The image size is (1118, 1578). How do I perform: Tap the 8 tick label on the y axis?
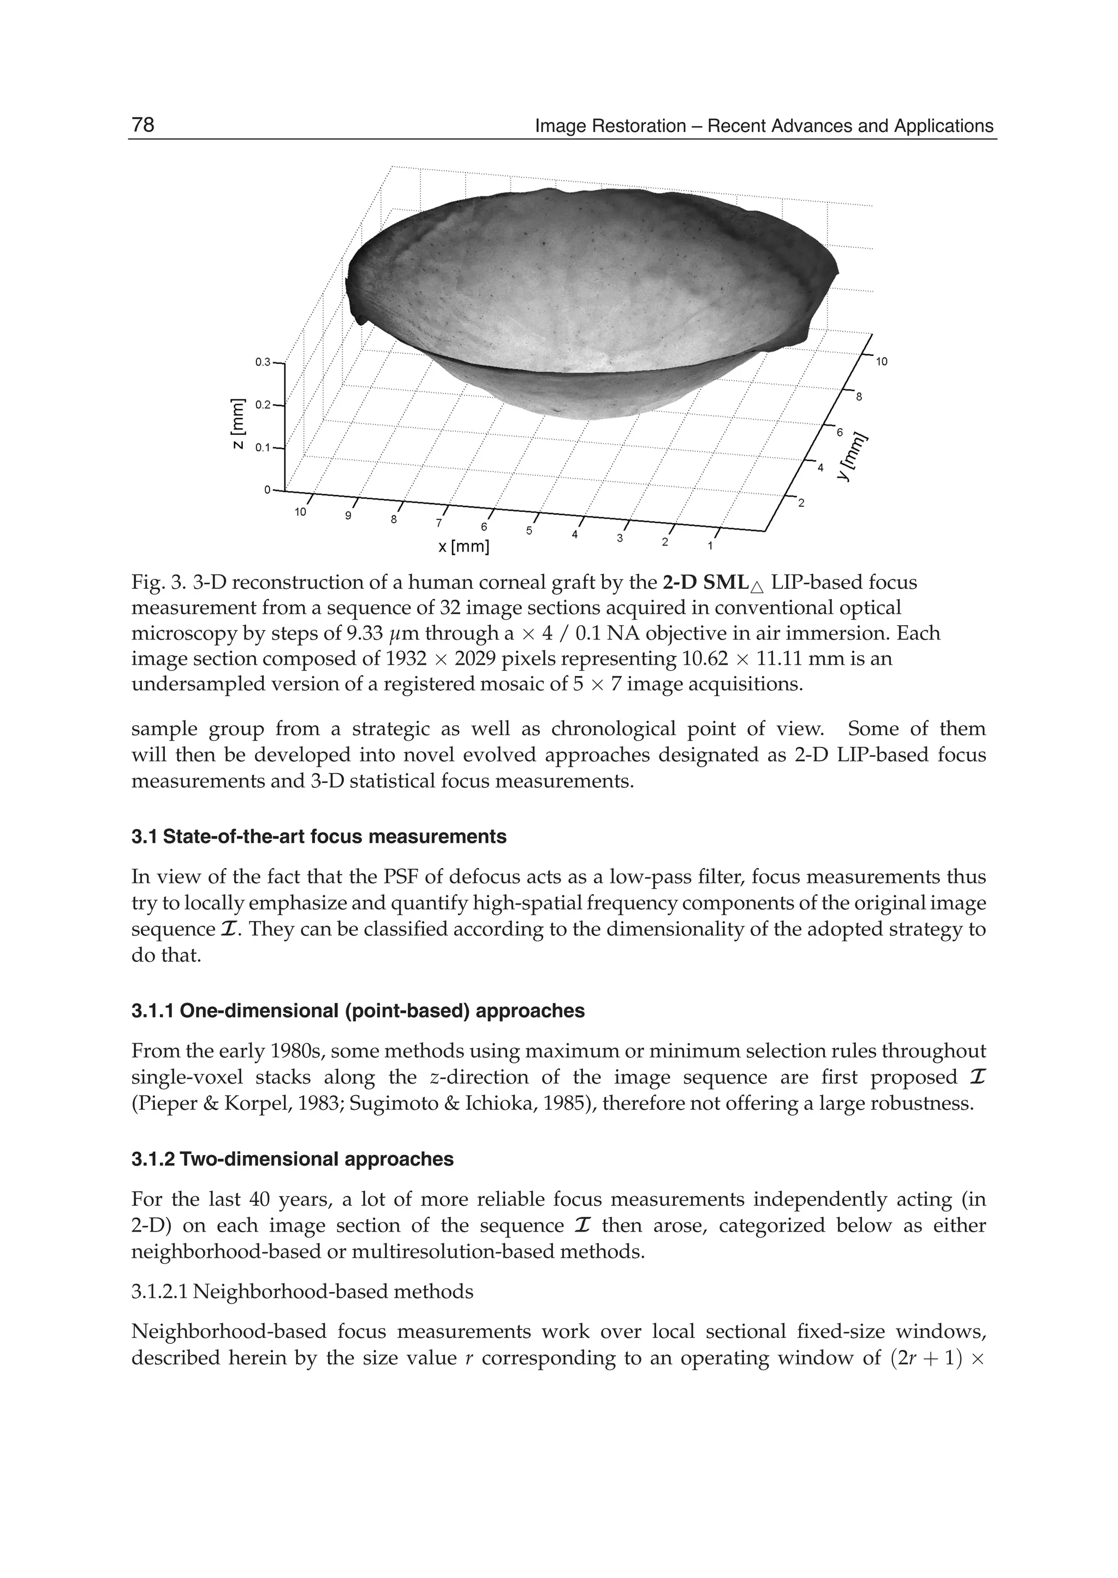(859, 397)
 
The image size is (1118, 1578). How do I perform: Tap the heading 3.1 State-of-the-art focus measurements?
(319, 837)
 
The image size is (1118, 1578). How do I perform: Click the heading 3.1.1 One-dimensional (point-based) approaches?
(358, 1011)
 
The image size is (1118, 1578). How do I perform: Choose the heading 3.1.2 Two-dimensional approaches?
(293, 1159)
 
